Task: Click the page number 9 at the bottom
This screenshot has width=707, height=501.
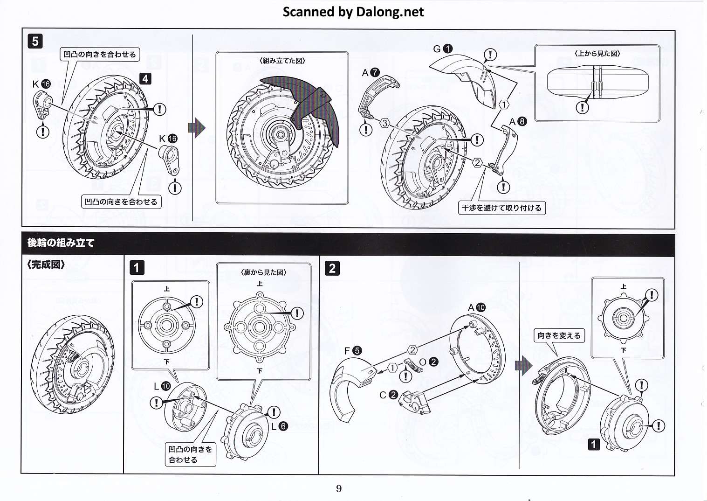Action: click(339, 488)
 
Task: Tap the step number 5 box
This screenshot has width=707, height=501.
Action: click(35, 41)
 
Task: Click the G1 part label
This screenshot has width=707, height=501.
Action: click(443, 49)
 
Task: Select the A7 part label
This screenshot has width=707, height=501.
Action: click(371, 73)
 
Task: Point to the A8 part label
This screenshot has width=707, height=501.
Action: click(518, 122)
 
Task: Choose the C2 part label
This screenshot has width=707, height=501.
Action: click(388, 395)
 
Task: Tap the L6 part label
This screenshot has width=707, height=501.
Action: click(278, 425)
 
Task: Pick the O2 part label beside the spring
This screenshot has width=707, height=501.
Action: click(428, 362)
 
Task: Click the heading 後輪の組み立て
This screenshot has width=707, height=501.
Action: click(61, 243)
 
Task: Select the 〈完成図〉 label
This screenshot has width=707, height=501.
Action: click(46, 264)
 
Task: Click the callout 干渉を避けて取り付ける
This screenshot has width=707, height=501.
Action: click(501, 208)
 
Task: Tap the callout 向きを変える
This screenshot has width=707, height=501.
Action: click(559, 335)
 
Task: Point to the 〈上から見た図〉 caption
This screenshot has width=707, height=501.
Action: click(597, 54)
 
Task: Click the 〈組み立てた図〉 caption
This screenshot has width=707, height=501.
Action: click(281, 61)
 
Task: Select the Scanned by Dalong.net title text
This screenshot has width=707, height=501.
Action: click(353, 12)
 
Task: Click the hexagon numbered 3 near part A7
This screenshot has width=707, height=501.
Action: click(384, 123)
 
